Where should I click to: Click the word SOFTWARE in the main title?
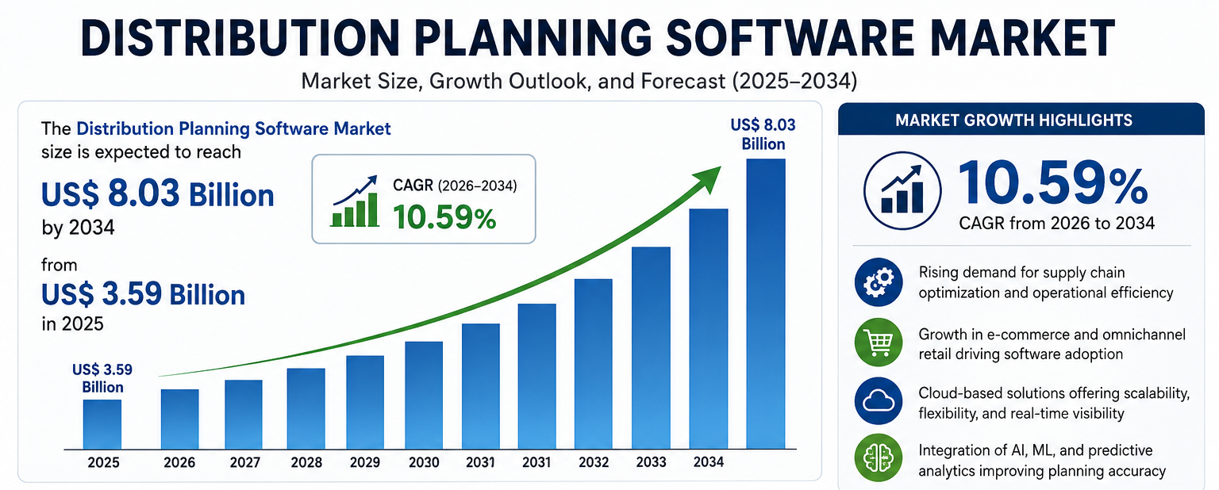tap(790, 38)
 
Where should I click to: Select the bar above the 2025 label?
tap(102, 424)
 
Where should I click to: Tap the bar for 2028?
tap(306, 408)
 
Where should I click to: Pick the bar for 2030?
tap(424, 396)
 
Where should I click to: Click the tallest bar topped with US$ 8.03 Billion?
tap(766, 304)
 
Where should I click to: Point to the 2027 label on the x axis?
tap(245, 463)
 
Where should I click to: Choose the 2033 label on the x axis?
tap(652, 462)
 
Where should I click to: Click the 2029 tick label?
tap(364, 463)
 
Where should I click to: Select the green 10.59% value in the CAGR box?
tap(444, 217)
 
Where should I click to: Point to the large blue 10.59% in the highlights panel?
tap(1052, 184)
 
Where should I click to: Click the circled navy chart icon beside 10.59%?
tap(902, 190)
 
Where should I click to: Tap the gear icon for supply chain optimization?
tap(879, 281)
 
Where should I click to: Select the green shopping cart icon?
tap(879, 343)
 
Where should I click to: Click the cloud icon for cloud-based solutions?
tap(879, 401)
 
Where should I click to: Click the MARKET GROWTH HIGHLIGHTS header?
tap(1013, 121)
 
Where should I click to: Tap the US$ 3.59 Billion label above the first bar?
tap(102, 378)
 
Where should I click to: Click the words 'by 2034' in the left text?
tap(78, 228)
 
